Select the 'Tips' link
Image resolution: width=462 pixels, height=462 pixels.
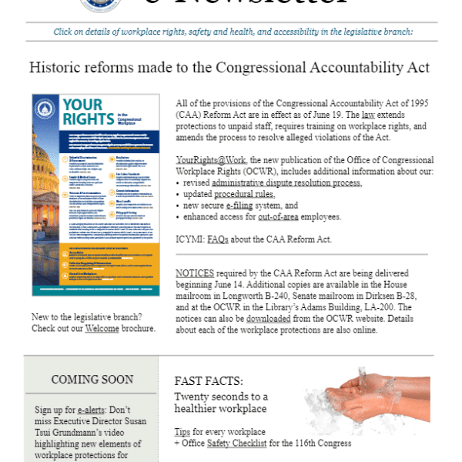(x=182, y=431)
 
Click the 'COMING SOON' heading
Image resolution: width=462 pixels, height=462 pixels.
(x=92, y=379)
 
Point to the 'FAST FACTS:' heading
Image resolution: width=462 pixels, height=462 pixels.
(x=209, y=380)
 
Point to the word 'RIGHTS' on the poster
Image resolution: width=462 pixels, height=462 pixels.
(x=87, y=119)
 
